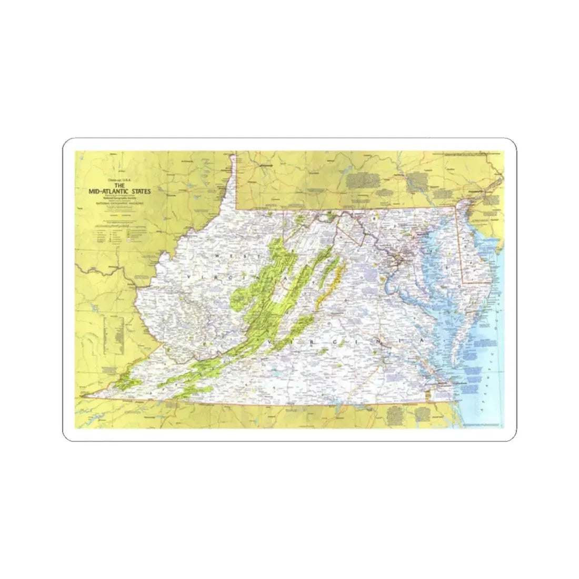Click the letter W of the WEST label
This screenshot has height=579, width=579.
pyautogui.click(x=217, y=255)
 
